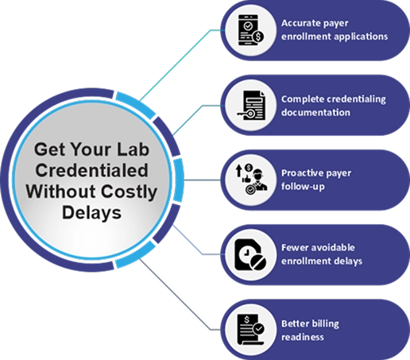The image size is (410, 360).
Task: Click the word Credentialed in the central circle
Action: (x=91, y=170)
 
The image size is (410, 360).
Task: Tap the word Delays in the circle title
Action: (x=91, y=213)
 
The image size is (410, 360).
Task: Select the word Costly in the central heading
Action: (x=129, y=192)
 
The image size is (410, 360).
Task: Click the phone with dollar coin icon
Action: (x=250, y=30)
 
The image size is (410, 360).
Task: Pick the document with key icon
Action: (x=251, y=106)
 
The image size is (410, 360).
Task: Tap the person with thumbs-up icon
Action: (x=251, y=180)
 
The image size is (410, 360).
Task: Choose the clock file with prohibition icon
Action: (x=250, y=255)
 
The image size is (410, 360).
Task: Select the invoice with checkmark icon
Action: (x=251, y=329)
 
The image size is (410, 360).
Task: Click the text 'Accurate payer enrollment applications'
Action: (x=335, y=30)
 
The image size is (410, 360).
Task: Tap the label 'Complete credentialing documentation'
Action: (x=334, y=106)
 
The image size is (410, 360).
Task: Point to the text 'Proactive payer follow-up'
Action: (x=316, y=180)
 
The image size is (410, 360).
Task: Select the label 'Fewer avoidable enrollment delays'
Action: (x=322, y=254)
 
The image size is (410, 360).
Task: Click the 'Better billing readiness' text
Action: (x=310, y=331)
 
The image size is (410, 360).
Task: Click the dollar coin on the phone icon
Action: (x=258, y=37)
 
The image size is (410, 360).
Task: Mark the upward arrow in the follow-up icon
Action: (x=239, y=170)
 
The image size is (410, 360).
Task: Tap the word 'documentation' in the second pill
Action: (x=315, y=112)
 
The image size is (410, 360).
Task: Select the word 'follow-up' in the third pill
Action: (x=303, y=187)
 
